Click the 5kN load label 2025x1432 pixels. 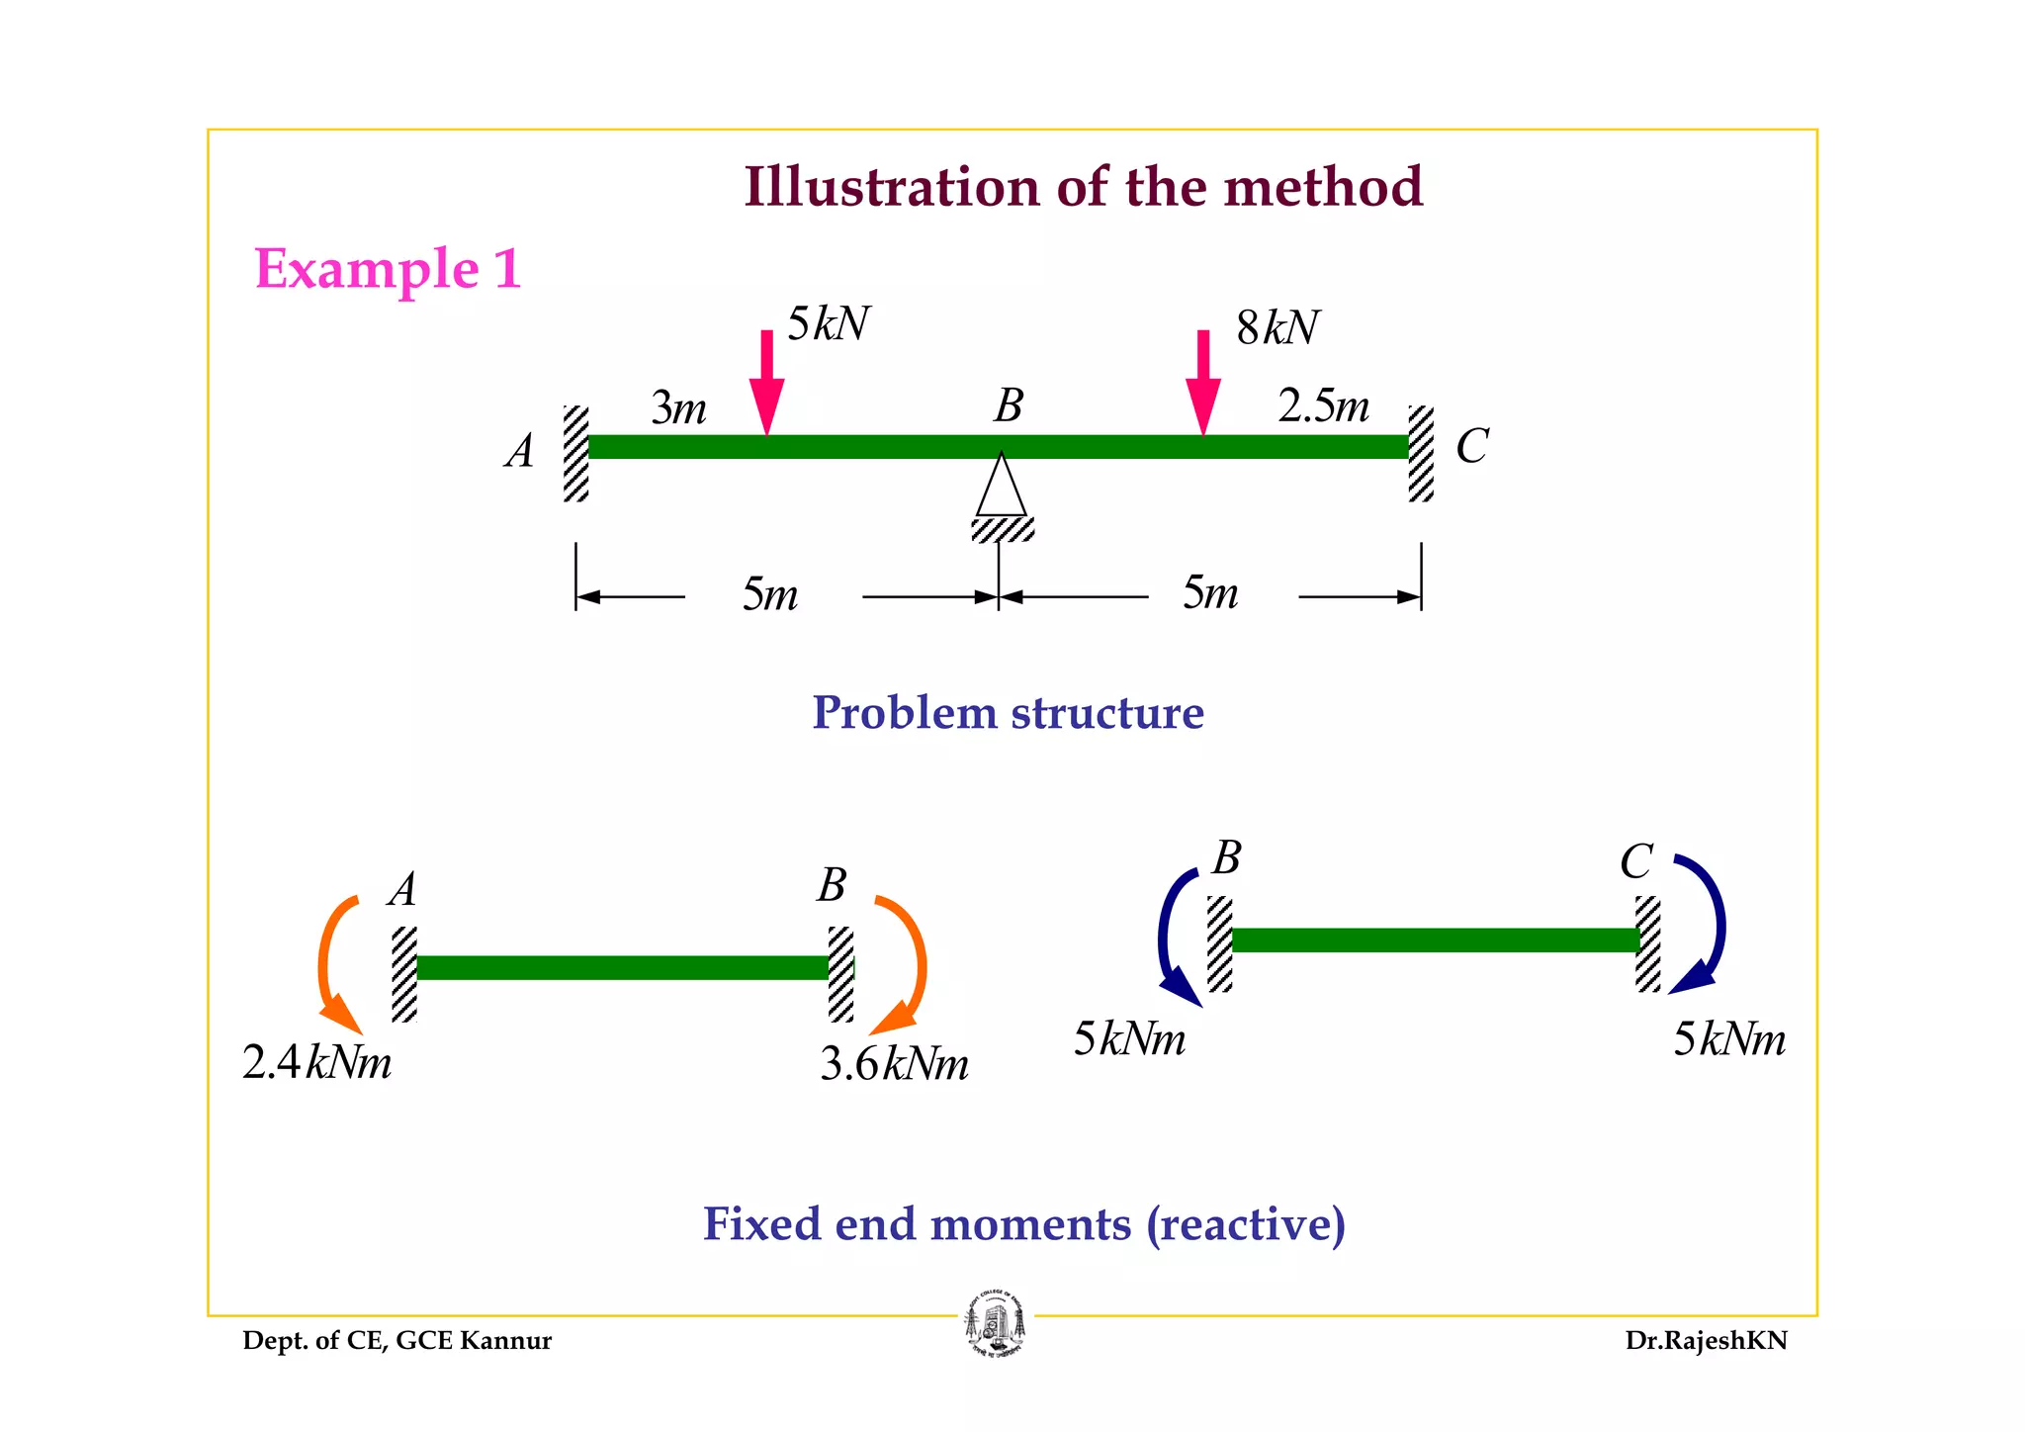[x=829, y=324]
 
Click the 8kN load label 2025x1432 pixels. [x=1277, y=328]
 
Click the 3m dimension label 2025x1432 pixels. [x=679, y=407]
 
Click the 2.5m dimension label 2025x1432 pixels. [x=1323, y=405]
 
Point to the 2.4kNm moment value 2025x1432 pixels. [x=316, y=1063]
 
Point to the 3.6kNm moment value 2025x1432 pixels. [x=895, y=1064]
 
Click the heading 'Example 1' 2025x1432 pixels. [x=388, y=269]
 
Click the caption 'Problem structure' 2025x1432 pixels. [x=1008, y=713]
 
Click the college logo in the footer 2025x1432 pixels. [x=996, y=1325]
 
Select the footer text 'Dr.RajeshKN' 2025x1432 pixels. [x=1706, y=1341]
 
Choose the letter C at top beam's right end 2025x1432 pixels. [x=1472, y=447]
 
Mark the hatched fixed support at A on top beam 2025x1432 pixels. [x=576, y=453]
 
